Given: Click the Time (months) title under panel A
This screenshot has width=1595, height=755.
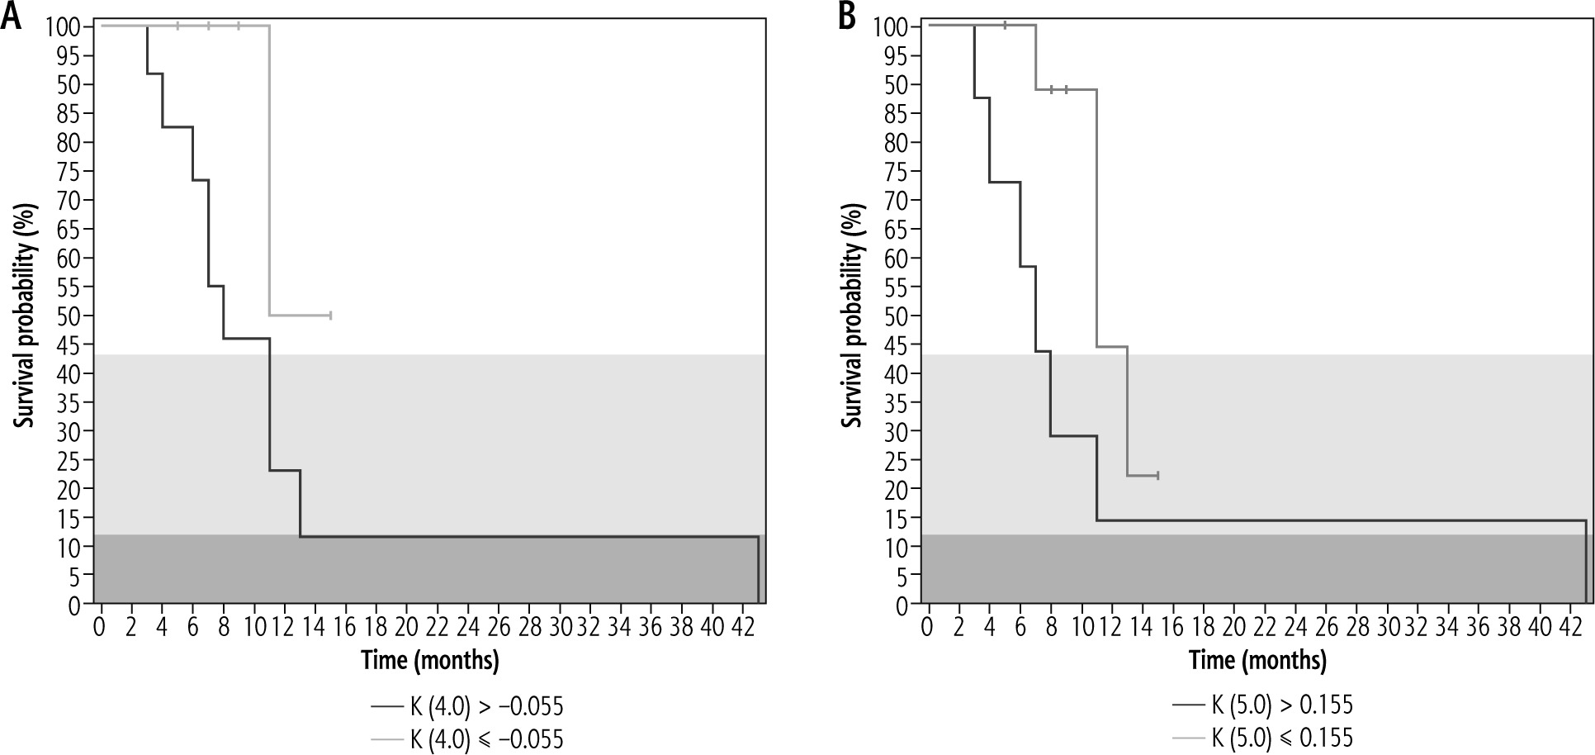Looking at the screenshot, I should [x=429, y=661].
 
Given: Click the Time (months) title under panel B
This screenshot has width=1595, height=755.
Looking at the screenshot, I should [x=1257, y=661].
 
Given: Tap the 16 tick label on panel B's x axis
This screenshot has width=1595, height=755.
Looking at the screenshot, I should [x=1172, y=628].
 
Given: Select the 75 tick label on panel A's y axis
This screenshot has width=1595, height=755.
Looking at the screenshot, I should [x=70, y=172].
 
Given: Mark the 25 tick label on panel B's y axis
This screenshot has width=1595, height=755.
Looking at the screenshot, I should [x=898, y=460].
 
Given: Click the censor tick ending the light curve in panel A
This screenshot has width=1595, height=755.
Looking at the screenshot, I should [x=330, y=315].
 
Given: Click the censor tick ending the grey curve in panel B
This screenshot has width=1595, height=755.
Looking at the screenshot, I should [x=1158, y=475].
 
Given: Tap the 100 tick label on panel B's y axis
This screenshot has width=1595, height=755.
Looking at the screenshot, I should [x=893, y=27].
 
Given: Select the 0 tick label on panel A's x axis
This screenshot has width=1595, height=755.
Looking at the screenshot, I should [x=101, y=628].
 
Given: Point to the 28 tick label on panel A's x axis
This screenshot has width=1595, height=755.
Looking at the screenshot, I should [x=528, y=628].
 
